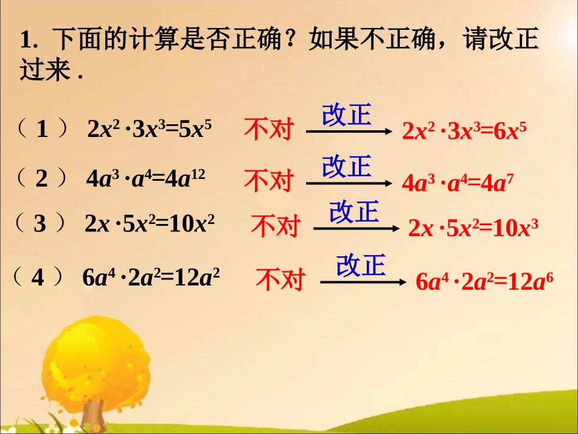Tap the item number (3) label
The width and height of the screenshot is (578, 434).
[x=40, y=224]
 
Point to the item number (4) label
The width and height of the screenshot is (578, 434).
[x=38, y=278]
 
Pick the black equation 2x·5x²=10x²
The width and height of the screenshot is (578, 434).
[x=150, y=224]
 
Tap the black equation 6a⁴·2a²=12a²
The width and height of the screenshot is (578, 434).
[x=151, y=278]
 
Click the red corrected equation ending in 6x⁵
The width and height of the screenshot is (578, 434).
[x=464, y=131]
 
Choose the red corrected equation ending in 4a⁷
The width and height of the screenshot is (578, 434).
[x=453, y=182]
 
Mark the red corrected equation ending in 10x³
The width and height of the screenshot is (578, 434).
[x=473, y=228]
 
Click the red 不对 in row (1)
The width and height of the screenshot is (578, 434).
[x=268, y=130]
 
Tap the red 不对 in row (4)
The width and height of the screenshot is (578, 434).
[x=280, y=280]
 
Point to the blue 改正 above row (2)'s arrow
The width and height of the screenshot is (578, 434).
[x=347, y=166]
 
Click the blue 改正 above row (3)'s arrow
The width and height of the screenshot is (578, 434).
[x=354, y=211]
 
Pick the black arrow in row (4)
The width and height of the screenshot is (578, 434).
[x=363, y=282]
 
